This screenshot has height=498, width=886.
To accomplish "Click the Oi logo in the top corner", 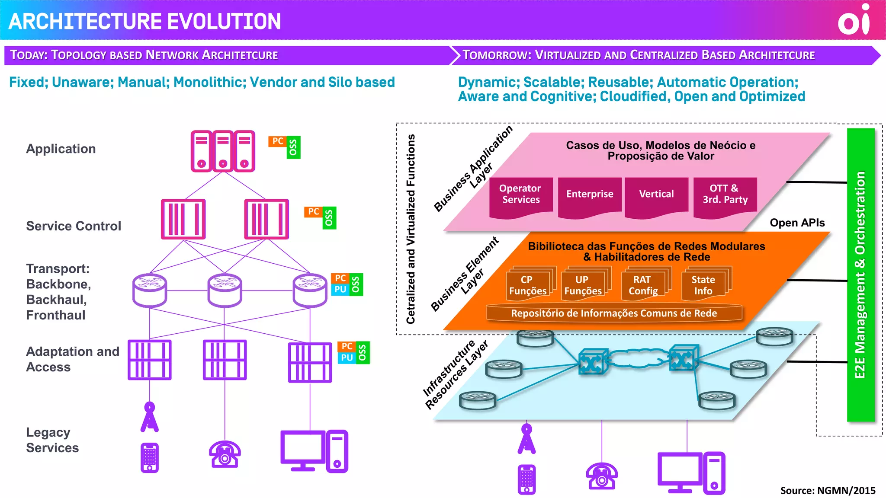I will [x=854, y=20].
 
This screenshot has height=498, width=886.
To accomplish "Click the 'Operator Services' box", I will [x=520, y=195].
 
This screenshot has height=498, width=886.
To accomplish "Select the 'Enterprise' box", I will [x=589, y=195].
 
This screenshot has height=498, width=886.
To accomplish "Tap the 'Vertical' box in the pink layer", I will [x=656, y=195].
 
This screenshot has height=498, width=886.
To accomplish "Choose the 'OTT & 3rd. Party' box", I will [x=725, y=195].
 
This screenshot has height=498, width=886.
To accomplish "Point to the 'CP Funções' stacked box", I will [x=528, y=286].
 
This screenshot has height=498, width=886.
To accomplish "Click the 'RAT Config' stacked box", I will [x=643, y=286].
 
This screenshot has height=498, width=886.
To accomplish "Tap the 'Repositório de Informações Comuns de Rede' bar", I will [x=613, y=313].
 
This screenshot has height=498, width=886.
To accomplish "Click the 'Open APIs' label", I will [x=797, y=223].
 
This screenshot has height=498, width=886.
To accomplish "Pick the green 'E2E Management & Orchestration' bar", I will [x=860, y=275].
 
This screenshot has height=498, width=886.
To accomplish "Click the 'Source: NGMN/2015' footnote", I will [x=827, y=491].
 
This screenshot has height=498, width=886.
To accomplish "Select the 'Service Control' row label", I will [x=74, y=226].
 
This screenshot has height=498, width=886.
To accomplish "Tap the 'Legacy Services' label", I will [x=52, y=440].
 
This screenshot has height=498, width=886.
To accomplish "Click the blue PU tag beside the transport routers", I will [x=340, y=290].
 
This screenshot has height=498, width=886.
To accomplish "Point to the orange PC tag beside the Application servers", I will [x=277, y=141].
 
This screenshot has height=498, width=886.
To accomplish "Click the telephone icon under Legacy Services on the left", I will [x=225, y=455].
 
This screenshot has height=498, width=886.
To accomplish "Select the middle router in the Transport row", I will [x=225, y=290].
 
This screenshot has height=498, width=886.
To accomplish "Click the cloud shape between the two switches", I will [x=638, y=358].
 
